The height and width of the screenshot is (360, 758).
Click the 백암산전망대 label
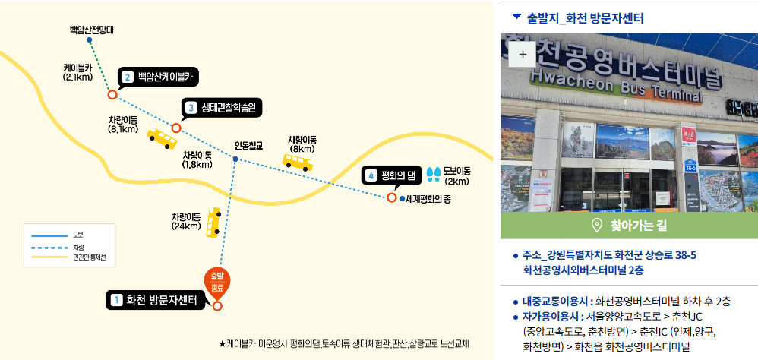click(x=90, y=30)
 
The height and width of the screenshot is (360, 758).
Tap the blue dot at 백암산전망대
click(x=90, y=40)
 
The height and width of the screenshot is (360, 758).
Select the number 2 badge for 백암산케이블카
click(x=128, y=76)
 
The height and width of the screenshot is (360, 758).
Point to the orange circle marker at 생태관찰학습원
click(x=176, y=128)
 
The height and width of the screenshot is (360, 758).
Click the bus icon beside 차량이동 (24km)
click(x=215, y=223)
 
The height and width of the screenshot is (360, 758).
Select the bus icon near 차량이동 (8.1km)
click(x=161, y=137)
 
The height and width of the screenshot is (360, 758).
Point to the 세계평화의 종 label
click(x=428, y=199)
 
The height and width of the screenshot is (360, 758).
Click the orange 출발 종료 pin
click(x=216, y=282)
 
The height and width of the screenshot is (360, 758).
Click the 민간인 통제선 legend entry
click(x=89, y=258)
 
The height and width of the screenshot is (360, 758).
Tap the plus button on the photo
click(x=522, y=55)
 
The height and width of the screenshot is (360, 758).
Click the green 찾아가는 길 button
click(x=629, y=225)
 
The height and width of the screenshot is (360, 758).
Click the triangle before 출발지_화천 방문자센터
click(x=516, y=16)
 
